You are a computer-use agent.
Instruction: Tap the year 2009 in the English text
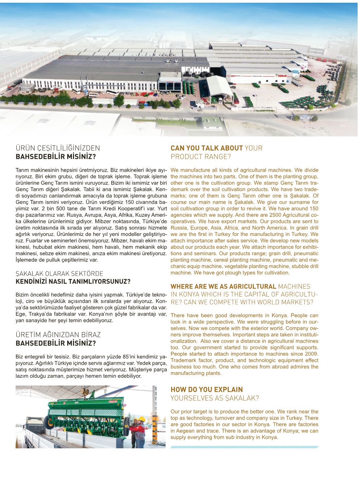tap(311, 354)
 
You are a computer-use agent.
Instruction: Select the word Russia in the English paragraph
tap(179, 228)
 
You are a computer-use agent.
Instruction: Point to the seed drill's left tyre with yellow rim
tap(48, 421)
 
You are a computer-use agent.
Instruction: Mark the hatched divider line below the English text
tap(244, 447)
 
